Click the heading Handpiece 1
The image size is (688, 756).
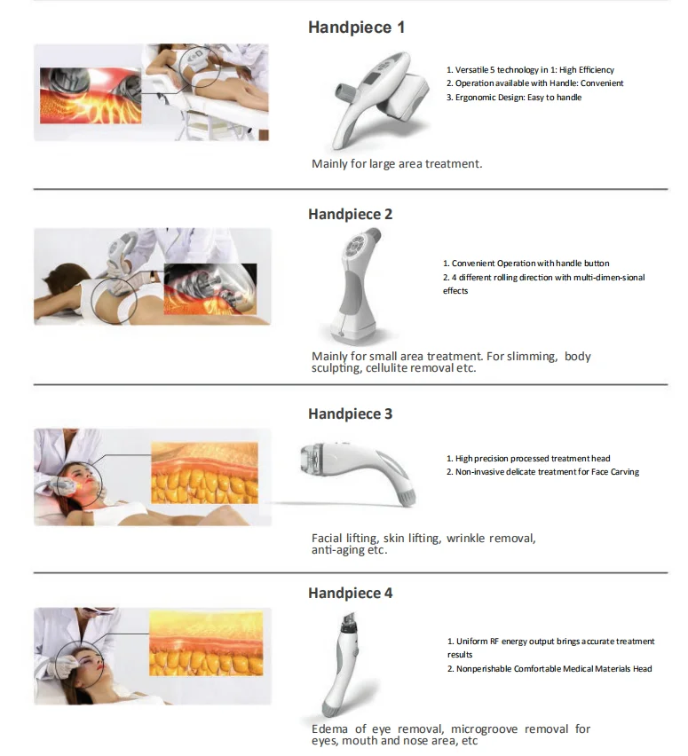356,28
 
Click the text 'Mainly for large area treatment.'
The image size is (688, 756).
397,164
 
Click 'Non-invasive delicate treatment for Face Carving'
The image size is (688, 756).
546,472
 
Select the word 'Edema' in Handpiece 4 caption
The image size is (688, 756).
330,729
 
